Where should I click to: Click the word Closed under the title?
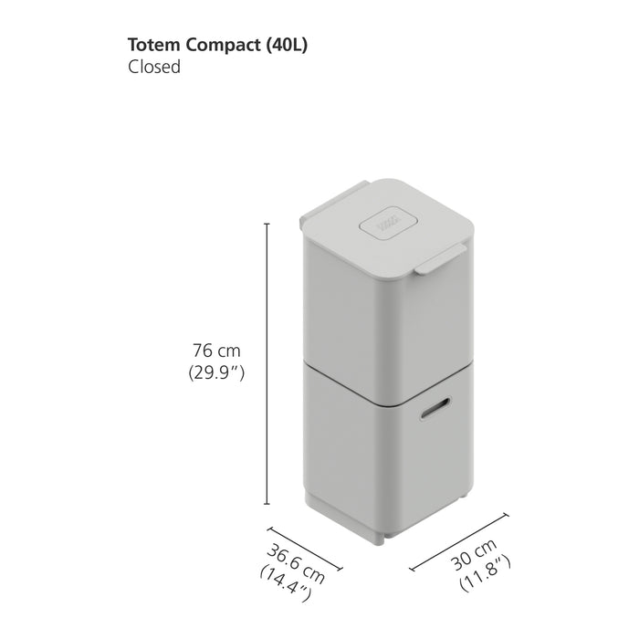[155, 68]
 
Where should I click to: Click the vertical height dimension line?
[267, 365]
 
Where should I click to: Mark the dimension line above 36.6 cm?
[304, 548]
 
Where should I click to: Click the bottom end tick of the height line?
[267, 504]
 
